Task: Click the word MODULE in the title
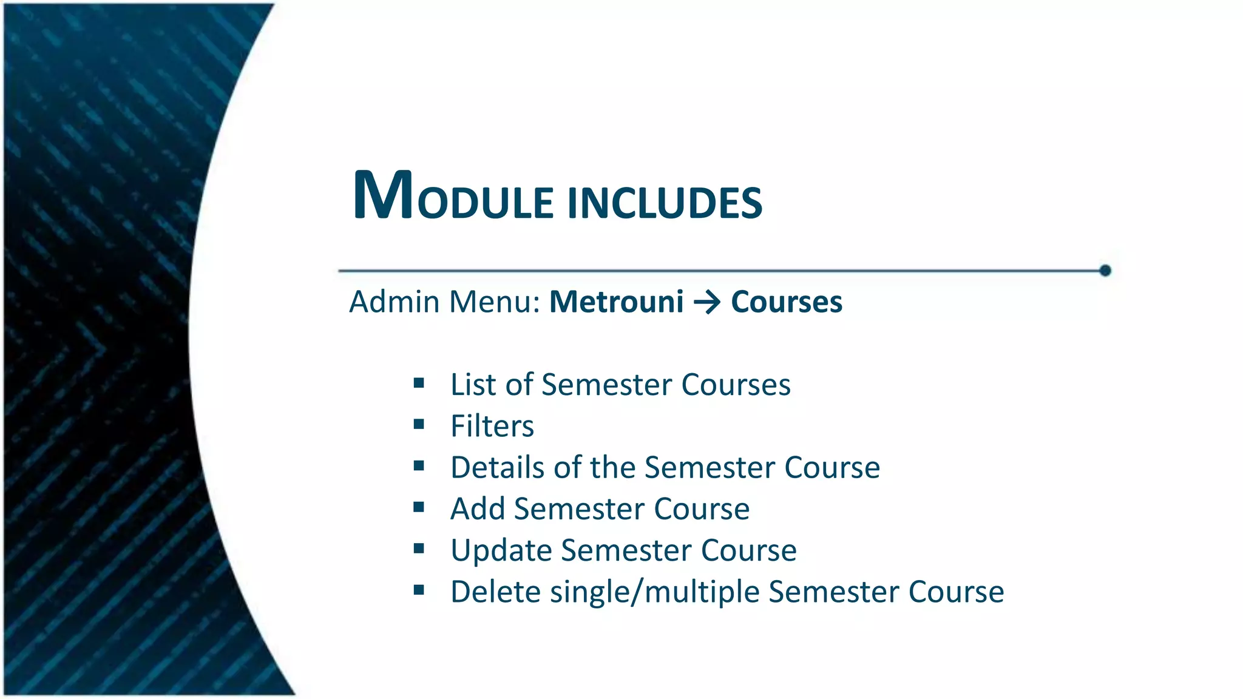point(453,197)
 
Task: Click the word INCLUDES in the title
point(665,203)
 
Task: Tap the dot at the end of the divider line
point(1105,271)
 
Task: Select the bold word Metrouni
point(616,302)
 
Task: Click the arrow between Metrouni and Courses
point(707,302)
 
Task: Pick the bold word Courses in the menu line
point(786,302)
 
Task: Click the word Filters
point(492,426)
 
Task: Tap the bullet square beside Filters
point(419,424)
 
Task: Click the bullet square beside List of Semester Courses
point(419,383)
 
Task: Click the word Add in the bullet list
point(478,509)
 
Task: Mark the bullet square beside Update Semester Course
point(419,549)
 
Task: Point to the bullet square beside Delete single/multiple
point(419,590)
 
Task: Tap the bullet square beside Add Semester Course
point(419,507)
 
